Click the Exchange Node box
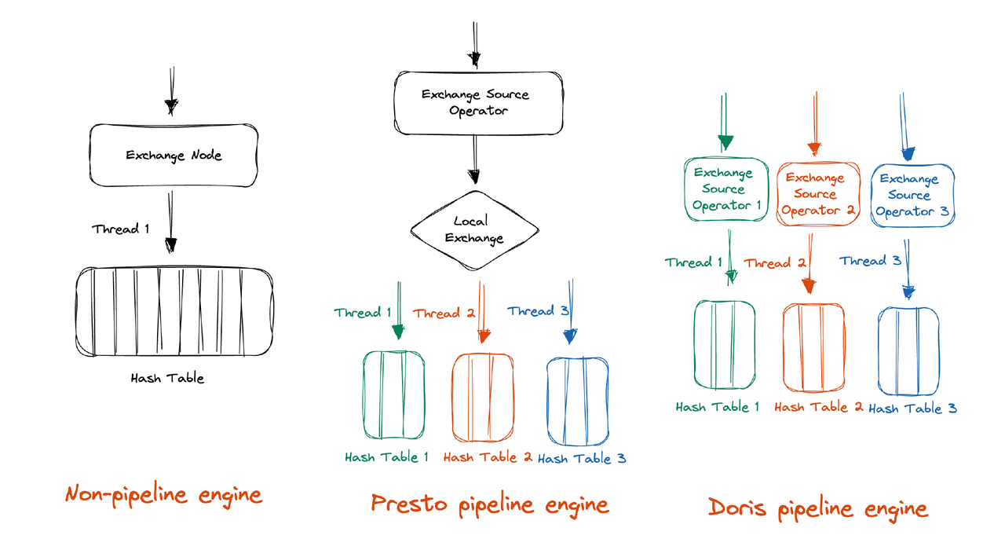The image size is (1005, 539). click(174, 155)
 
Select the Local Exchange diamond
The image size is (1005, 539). click(475, 229)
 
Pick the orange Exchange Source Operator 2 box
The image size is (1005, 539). click(815, 194)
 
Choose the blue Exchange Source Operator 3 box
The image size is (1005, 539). click(912, 195)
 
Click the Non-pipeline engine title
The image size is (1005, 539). click(163, 495)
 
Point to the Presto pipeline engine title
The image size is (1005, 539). click(489, 504)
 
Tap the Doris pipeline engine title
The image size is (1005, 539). click(817, 508)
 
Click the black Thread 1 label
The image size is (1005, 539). click(120, 229)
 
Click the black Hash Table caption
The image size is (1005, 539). click(167, 378)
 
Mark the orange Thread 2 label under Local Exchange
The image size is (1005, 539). click(444, 313)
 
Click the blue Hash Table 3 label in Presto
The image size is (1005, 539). click(582, 459)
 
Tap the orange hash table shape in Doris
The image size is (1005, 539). click(814, 346)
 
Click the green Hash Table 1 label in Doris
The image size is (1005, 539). click(718, 407)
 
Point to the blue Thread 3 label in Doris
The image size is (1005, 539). click(870, 261)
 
